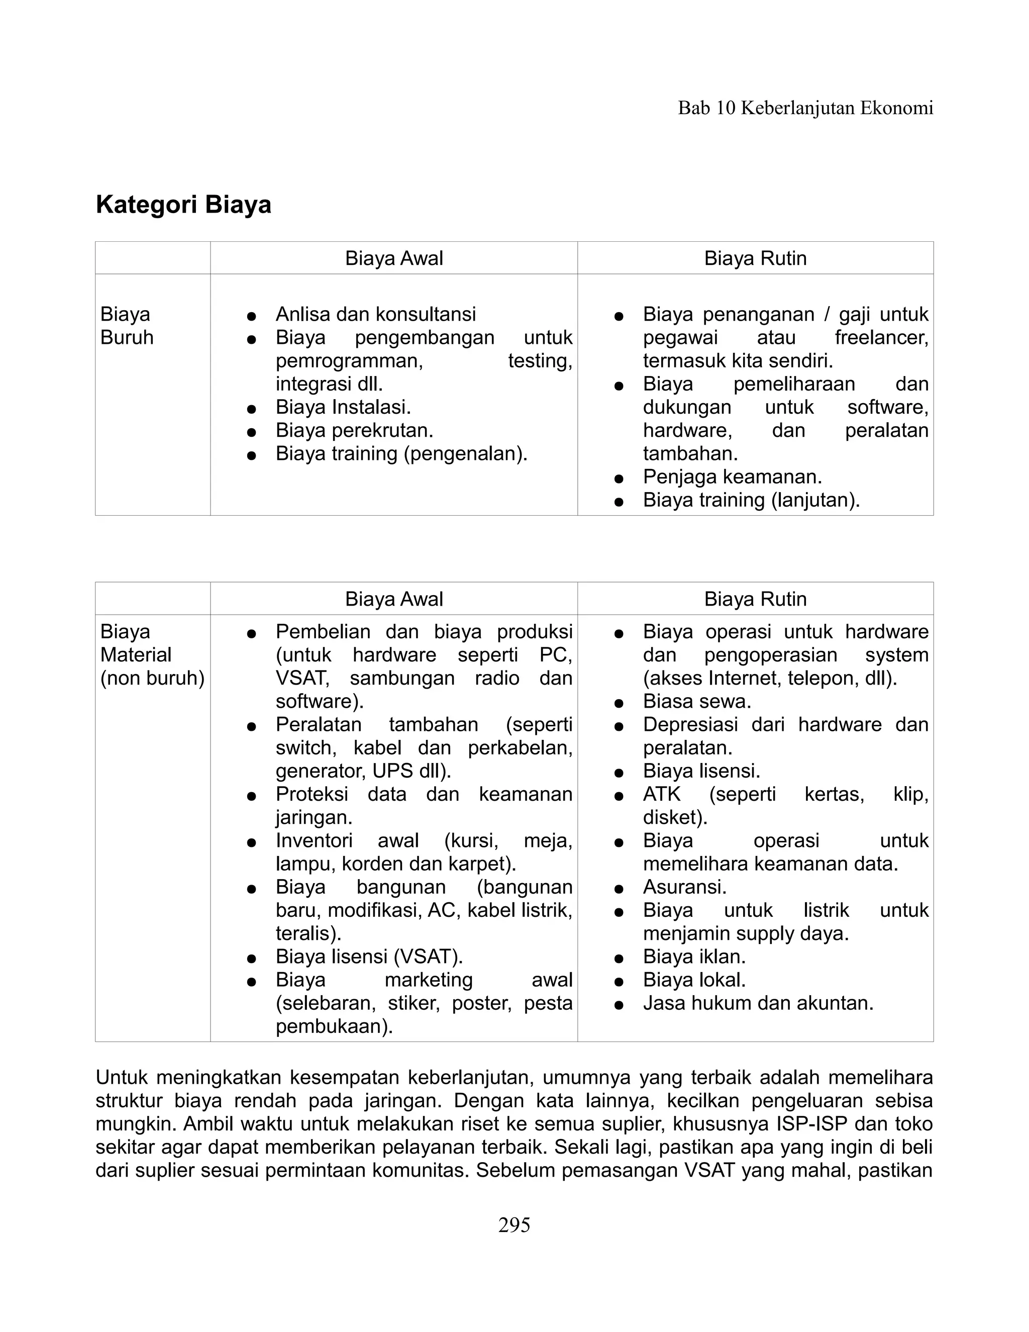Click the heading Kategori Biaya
(183, 205)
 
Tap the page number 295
(514, 1224)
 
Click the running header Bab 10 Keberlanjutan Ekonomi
(805, 108)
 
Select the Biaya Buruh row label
(127, 326)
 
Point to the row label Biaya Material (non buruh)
(152, 654)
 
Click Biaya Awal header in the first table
(394, 258)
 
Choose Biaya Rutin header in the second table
(755, 599)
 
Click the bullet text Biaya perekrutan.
(354, 431)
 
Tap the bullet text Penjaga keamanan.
(732, 477)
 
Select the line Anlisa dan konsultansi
(375, 314)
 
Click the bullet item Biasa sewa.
(697, 701)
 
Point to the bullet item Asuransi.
(685, 887)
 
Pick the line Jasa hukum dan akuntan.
(758, 1003)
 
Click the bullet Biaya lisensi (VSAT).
(369, 957)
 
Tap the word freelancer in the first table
(880, 337)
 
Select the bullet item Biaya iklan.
(694, 957)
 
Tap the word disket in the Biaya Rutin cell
(672, 817)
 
